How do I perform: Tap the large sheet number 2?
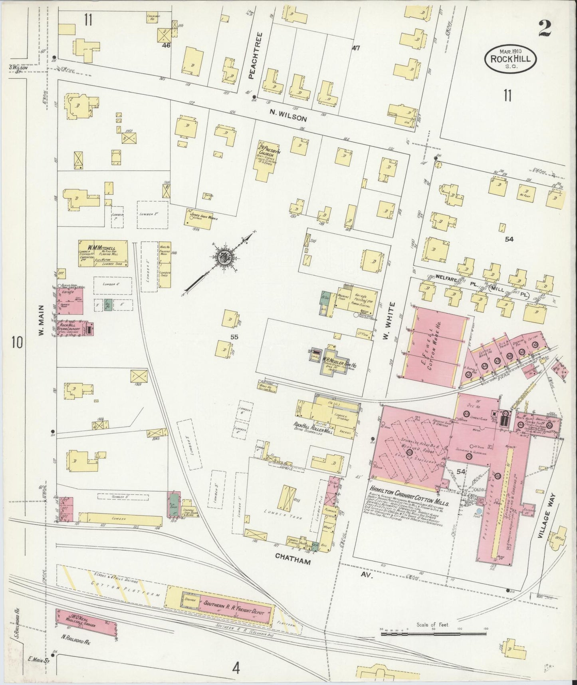pos(545,28)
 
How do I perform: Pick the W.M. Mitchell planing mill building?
pos(103,253)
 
